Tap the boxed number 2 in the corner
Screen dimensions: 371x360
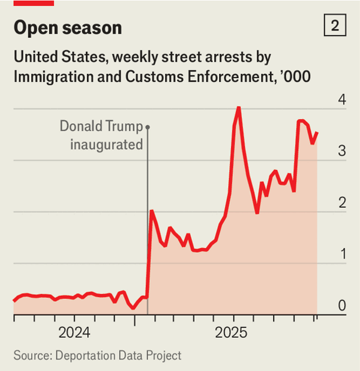point(334,26)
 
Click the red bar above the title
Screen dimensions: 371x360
point(34,3)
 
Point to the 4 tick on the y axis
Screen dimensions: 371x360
point(341,100)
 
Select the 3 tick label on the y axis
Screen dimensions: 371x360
point(341,151)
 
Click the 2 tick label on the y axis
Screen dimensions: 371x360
point(341,203)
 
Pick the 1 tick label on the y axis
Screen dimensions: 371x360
point(341,255)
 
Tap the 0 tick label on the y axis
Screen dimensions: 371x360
point(341,306)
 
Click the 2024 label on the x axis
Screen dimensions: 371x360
point(74,333)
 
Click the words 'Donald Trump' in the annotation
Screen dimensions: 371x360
point(101,127)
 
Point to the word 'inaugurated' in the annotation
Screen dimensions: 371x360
point(106,144)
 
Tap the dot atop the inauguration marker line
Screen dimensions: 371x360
point(148,127)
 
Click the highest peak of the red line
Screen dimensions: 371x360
point(239,107)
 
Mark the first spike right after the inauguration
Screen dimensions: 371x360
point(152,211)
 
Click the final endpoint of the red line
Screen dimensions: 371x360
point(317,133)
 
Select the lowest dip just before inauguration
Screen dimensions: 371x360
point(133,308)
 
